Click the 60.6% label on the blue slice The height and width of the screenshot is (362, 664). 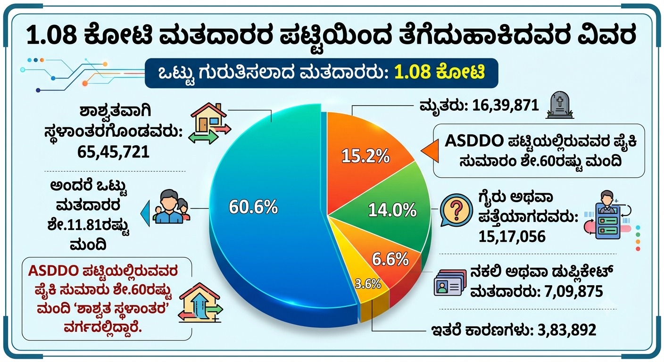pyautogui.click(x=253, y=207)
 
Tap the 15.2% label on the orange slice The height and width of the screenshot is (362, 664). pyautogui.click(x=365, y=156)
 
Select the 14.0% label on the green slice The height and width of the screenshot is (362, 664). pyautogui.click(x=392, y=210)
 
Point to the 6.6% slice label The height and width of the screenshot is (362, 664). pyautogui.click(x=390, y=260)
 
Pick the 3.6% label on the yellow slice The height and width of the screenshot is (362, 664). pyautogui.click(x=368, y=284)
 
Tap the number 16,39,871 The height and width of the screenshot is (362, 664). pyautogui.click(x=506, y=106)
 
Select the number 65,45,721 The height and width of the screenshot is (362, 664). pyautogui.click(x=113, y=152)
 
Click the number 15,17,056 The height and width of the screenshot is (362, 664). pyautogui.click(x=512, y=237)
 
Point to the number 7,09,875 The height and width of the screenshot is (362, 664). pyautogui.click(x=574, y=291)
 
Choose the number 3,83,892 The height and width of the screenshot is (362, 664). pyautogui.click(x=567, y=330)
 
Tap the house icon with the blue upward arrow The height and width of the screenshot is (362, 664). pyautogui.click(x=201, y=303)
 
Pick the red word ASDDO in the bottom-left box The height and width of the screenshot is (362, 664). pyautogui.click(x=54, y=271)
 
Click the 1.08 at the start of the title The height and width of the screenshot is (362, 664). pyautogui.click(x=52, y=36)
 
